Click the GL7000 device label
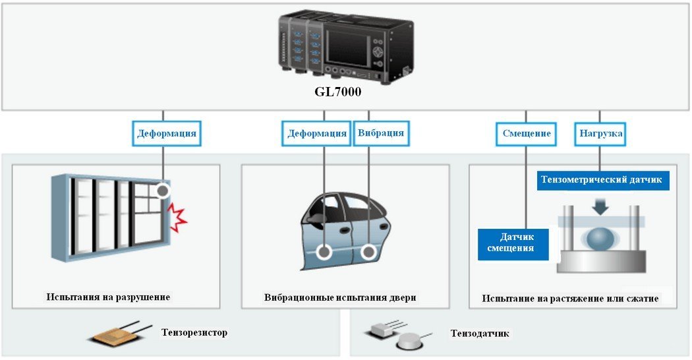coord(338,92)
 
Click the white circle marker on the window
coord(163,192)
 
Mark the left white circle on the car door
coord(324,252)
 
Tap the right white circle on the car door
coord(368,251)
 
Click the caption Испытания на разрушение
coord(108,297)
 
